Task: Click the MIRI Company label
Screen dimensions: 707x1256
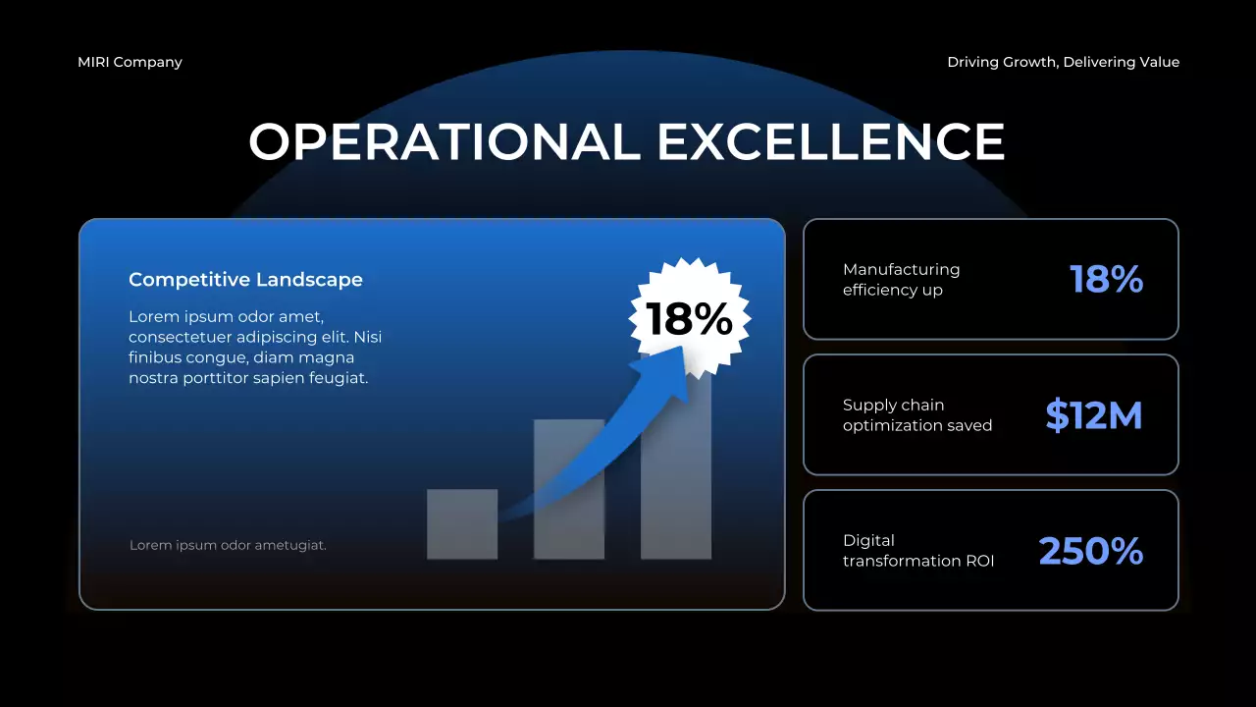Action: tap(130, 62)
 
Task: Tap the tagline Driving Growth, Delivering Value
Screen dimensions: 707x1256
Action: tap(1063, 62)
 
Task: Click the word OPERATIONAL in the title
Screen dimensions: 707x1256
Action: tap(445, 141)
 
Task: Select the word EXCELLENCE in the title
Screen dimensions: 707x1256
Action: tap(830, 141)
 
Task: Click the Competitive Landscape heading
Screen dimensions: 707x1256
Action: tap(245, 280)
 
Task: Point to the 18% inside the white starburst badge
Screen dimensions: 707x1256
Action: tap(689, 318)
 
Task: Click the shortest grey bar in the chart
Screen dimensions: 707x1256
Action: tap(462, 524)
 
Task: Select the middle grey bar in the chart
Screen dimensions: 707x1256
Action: tap(569, 490)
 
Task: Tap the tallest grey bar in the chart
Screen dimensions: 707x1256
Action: tap(676, 471)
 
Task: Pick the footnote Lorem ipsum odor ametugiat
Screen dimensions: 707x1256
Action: tap(228, 545)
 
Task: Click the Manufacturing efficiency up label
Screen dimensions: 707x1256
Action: tap(901, 279)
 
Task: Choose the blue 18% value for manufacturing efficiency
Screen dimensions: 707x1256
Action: tap(1106, 280)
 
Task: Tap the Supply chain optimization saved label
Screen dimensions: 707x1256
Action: tap(916, 414)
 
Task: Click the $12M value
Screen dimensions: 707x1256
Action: tap(1094, 415)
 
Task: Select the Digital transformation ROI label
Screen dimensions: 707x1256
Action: tap(917, 550)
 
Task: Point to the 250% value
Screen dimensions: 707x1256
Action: tap(1090, 551)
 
